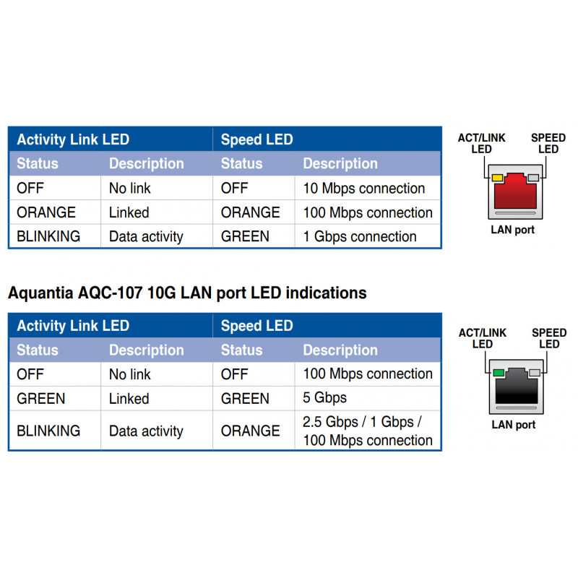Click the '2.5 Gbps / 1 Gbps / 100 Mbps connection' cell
tap(368, 431)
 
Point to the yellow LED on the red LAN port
tap(497, 178)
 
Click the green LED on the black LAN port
tap(499, 373)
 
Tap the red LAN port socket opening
tap(515, 191)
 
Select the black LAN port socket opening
tap(517, 387)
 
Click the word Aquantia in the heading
tap(40, 293)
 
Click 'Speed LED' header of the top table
tap(257, 139)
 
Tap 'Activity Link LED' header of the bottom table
tap(73, 326)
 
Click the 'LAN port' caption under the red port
tap(512, 230)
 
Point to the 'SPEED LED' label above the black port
tap(549, 338)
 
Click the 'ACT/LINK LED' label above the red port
tap(481, 143)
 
